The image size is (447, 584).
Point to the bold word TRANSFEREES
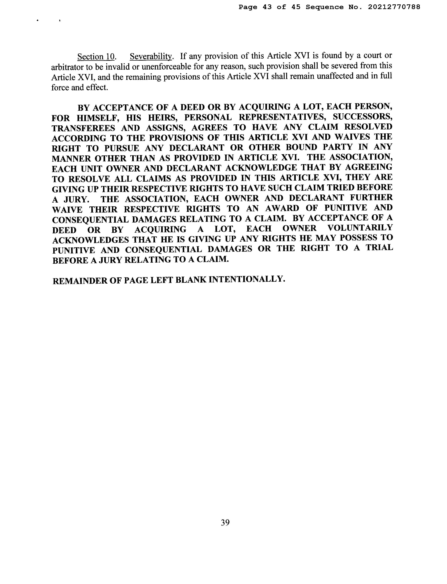click(83, 128)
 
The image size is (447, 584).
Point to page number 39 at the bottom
click(225, 523)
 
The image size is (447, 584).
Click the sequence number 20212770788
click(394, 7)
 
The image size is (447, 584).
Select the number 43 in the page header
click(267, 7)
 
